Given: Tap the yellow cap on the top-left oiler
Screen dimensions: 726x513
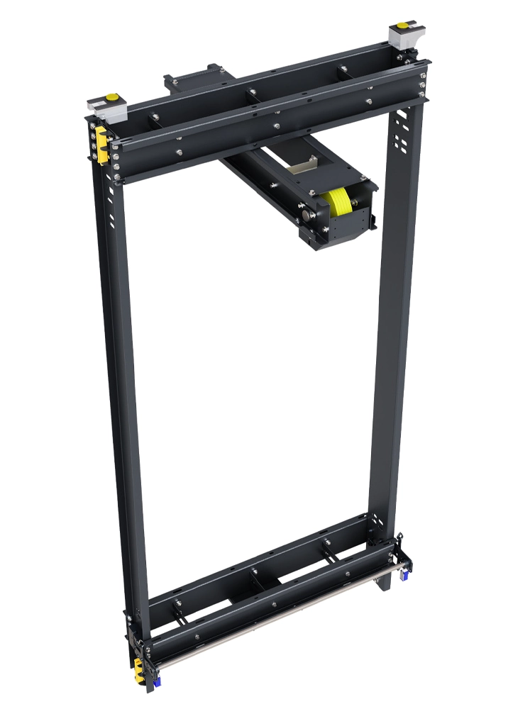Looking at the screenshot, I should coord(111,97).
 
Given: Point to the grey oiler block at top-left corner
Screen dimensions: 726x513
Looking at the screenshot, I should coord(106,108).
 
